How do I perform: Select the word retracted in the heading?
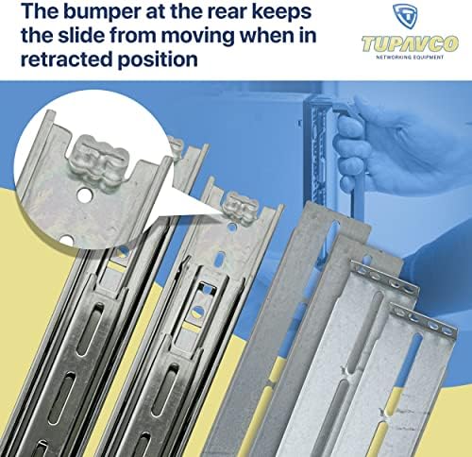tap(66, 59)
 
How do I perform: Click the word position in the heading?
tap(158, 59)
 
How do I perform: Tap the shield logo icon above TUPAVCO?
tap(405, 16)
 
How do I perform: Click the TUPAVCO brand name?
tap(411, 43)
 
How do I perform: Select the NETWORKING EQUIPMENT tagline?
tap(410, 58)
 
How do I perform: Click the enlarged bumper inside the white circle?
tap(99, 161)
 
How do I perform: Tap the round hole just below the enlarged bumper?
tap(85, 195)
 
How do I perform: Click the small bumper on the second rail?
tap(242, 207)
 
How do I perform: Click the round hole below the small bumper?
tap(232, 227)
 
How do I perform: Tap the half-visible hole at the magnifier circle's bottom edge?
tap(66, 240)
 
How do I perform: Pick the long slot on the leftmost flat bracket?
tap(331, 240)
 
